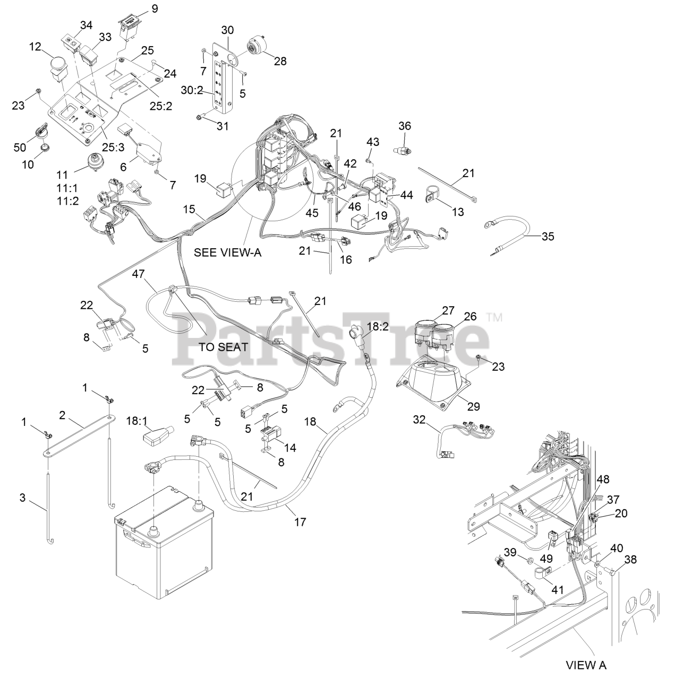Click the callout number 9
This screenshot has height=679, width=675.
tap(140, 8)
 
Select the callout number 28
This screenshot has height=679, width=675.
tap(280, 61)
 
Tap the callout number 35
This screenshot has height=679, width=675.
tap(548, 236)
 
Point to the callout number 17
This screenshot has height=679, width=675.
tap(300, 522)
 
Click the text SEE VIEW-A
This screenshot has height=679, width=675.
tap(228, 252)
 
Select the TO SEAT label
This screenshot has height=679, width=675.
tap(224, 347)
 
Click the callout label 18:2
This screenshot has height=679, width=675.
tap(378, 326)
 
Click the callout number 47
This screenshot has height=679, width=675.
tap(139, 274)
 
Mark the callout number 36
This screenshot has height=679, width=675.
tap(405, 126)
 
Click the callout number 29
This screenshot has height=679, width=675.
tap(473, 406)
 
